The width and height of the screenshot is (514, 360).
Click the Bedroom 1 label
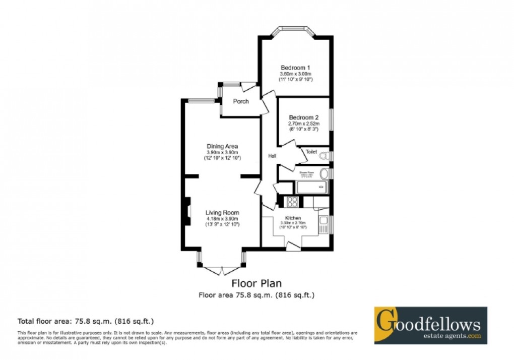(x=295, y=68)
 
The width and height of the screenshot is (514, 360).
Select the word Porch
(x=241, y=101)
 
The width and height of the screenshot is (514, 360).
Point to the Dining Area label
(x=222, y=147)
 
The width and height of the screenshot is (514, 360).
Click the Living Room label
(x=222, y=212)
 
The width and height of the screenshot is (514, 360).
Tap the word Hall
(x=272, y=156)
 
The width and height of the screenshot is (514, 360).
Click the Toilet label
(x=311, y=151)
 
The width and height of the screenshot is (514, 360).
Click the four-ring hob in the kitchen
(x=292, y=202)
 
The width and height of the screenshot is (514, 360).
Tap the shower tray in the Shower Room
(x=311, y=187)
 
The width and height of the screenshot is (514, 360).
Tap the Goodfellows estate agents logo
(x=430, y=325)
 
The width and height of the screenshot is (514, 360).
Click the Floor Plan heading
(x=256, y=283)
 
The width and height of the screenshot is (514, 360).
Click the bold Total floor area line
(x=86, y=321)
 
